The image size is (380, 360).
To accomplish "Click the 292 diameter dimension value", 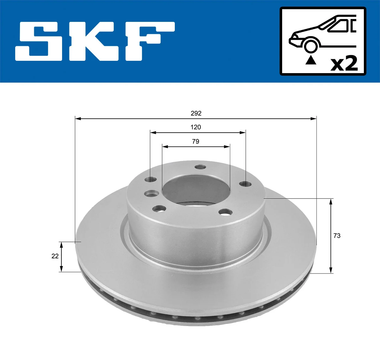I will click(x=196, y=113).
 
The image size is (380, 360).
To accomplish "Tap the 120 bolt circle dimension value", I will click(x=196, y=127).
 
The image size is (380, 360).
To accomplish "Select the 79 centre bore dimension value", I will click(x=196, y=142).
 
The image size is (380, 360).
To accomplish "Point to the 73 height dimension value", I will click(x=337, y=236).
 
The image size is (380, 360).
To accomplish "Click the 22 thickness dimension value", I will click(x=55, y=256).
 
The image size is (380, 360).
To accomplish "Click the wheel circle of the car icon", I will click(x=311, y=46).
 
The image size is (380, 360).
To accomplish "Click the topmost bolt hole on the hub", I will click(x=200, y=167).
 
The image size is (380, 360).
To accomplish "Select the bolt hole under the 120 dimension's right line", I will click(x=245, y=183).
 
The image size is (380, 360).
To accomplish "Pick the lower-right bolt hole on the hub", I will click(x=225, y=212).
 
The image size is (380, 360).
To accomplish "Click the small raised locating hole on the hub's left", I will click(x=151, y=193).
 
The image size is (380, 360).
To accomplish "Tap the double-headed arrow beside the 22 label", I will click(x=61, y=256).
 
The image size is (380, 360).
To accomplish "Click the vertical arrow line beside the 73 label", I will click(x=331, y=236).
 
